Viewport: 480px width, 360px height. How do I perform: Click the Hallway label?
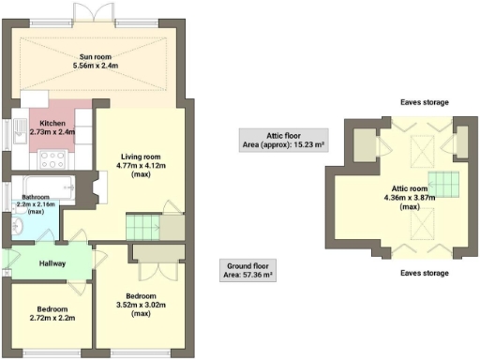coord(52,263)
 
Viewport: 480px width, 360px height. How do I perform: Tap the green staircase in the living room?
coord(143,226)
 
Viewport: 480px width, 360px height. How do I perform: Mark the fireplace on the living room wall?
coord(98,187)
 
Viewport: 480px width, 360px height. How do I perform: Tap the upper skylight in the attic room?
coord(424,145)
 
